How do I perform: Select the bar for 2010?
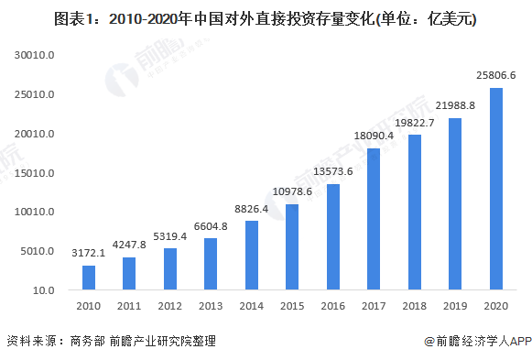(x=89, y=278)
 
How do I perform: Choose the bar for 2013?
(x=211, y=264)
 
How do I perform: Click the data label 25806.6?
(x=495, y=74)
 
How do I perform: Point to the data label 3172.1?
(x=89, y=252)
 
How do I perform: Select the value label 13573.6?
(x=332, y=170)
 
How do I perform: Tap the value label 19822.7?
(x=414, y=122)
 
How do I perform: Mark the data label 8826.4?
(x=252, y=208)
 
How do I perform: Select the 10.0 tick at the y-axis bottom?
(x=44, y=291)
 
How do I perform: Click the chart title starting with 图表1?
(x=265, y=18)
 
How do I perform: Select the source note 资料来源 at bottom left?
(x=111, y=341)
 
